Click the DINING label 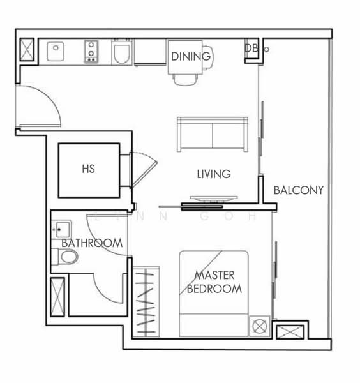click(x=190, y=56)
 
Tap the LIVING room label click(x=213, y=174)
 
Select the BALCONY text click(x=298, y=190)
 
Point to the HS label click(x=89, y=170)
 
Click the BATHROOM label click(x=92, y=243)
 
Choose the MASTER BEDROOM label click(x=214, y=282)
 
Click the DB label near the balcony click(x=250, y=48)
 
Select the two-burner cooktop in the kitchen click(x=92, y=52)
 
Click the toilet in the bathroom click(x=66, y=257)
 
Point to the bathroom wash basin click(x=62, y=227)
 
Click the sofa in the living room click(x=212, y=135)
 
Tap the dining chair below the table click(x=183, y=79)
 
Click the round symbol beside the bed click(x=259, y=326)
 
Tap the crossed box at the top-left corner click(x=27, y=50)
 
